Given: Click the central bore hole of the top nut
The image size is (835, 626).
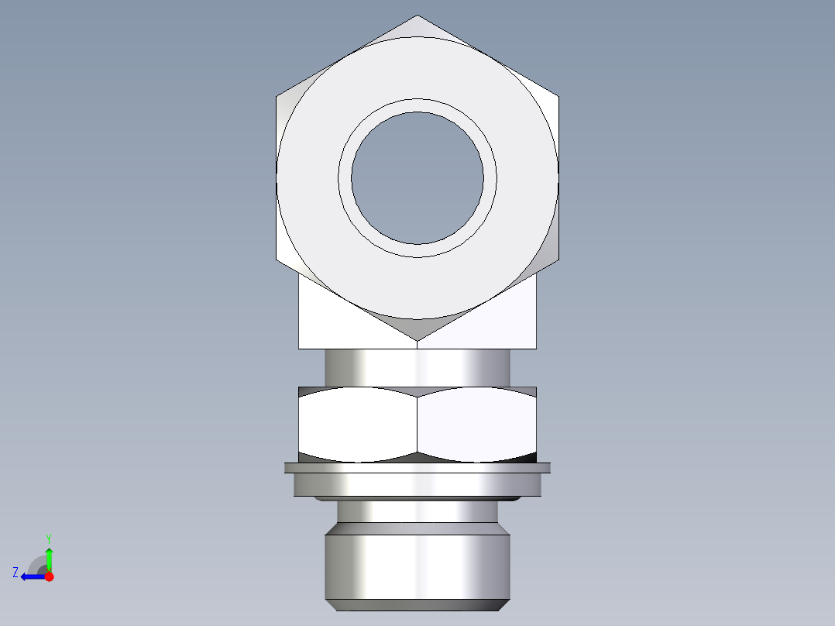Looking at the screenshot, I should click(417, 177).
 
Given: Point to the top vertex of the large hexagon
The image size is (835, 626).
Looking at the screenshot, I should click(417, 15).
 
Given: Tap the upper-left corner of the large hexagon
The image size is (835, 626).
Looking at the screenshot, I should click(277, 96).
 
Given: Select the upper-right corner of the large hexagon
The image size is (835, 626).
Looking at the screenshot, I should click(558, 96).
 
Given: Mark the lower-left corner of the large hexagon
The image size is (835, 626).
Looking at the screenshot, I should click(277, 260).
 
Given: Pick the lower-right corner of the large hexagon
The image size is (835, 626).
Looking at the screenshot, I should click(558, 260).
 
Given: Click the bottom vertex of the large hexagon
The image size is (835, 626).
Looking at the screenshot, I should click(417, 340).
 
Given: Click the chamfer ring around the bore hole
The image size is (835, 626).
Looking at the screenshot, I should click(417, 106).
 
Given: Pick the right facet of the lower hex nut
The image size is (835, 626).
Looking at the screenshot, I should click(476, 424).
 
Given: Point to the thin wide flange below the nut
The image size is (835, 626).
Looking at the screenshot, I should click(417, 468).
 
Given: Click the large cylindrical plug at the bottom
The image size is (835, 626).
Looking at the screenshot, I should click(417, 562).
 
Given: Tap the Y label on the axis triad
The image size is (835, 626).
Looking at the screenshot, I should click(48, 538).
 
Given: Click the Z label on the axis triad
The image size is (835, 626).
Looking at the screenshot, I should click(15, 573).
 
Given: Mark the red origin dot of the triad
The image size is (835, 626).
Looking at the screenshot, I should click(49, 576).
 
